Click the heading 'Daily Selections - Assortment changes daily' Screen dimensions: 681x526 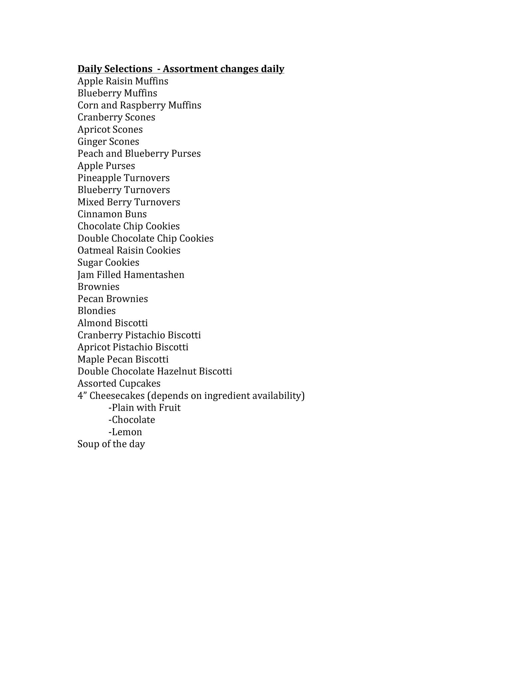pos(181,69)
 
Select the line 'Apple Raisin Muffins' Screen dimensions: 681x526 pos(123,81)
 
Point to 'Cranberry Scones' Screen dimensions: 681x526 pos(116,117)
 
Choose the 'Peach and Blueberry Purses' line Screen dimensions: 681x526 pos(139,154)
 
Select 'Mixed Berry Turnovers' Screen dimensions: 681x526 pos(129,202)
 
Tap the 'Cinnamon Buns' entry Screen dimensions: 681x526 pos(112,214)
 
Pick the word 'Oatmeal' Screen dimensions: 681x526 pos(94,250)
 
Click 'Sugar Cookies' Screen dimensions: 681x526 pos(108,263)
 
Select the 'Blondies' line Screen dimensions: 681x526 pos(96,311)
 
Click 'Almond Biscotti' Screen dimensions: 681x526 pos(113,323)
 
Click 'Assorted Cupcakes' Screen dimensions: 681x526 pos(119,384)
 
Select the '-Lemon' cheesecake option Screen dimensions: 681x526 pos(125,432)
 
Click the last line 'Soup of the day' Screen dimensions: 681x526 pos(111,444)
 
